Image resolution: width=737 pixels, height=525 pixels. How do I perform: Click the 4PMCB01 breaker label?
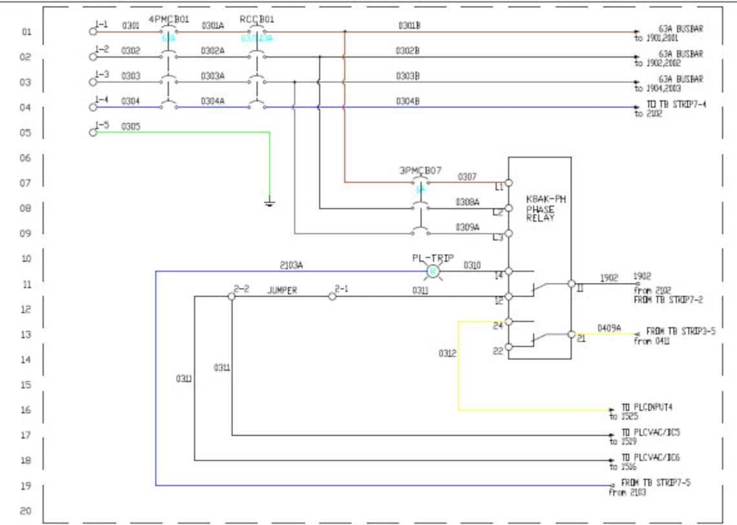coord(169,19)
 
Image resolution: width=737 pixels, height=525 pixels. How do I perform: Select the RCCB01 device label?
coord(256,19)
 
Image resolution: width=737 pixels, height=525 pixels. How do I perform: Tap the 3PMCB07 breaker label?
coord(420,171)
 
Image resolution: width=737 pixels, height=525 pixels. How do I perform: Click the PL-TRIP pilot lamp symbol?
coord(434,271)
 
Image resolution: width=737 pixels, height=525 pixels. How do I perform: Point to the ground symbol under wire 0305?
coord(270,203)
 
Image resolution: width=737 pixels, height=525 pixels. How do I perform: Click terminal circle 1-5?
coord(92,132)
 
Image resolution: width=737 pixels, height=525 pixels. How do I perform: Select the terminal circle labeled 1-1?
coord(92,31)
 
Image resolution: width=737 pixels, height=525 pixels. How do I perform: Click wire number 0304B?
coord(408,101)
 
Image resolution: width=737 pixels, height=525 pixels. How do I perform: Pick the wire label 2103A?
coord(291,265)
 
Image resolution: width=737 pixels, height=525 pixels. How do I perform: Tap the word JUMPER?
coord(282,291)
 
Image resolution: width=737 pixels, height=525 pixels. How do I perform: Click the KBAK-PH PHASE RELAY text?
coord(546,209)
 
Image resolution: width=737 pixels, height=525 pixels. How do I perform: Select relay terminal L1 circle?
coord(509,183)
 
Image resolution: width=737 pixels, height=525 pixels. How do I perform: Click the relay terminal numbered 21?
coord(571,334)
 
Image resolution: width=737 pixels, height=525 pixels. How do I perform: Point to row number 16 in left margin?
coord(27,410)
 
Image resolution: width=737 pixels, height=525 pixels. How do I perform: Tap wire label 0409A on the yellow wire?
coord(609,328)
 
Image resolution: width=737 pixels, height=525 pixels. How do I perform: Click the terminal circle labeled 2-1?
coord(332,296)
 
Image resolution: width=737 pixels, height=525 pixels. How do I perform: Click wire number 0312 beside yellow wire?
coord(447,353)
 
